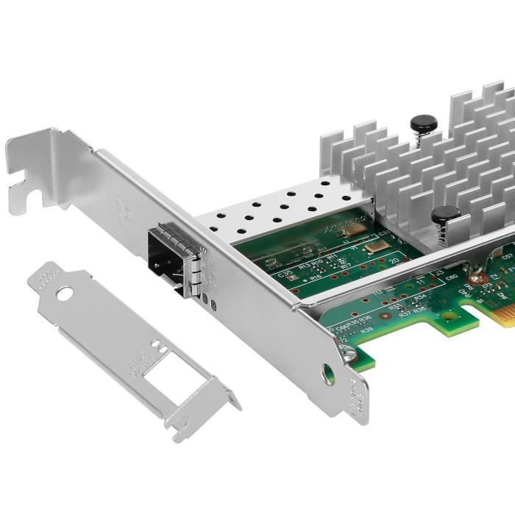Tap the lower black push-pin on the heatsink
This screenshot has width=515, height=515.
pyautogui.click(x=445, y=216)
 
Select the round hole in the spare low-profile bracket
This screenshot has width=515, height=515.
pyautogui.click(x=65, y=293)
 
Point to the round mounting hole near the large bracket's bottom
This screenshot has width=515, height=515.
pyautogui.click(x=329, y=374)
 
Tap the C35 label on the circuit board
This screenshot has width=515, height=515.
pyautogui.click(x=287, y=274)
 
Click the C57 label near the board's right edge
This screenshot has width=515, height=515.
pyautogui.click(x=507, y=257)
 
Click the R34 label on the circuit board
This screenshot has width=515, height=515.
pyautogui.click(x=419, y=298)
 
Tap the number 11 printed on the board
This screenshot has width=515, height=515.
pyautogui.click(x=420, y=281)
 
